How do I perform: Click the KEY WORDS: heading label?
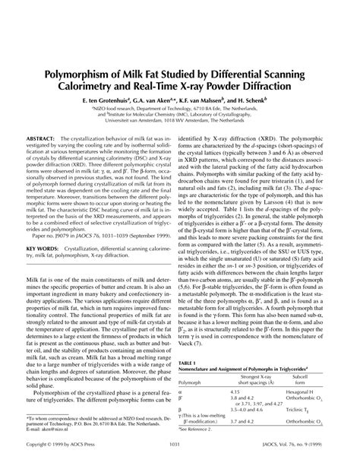[x=46, y=249]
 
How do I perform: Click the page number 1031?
[x=179, y=454]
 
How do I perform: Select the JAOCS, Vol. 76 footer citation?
[x=298, y=454]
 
